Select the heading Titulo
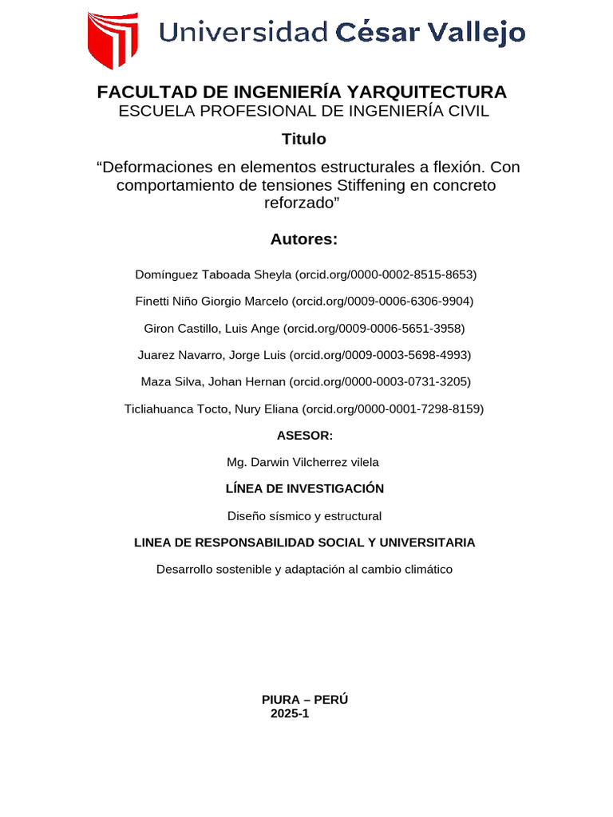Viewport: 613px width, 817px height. tap(304, 139)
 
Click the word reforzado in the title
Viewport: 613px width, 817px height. tap(300, 203)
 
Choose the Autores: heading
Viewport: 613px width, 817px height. tap(304, 239)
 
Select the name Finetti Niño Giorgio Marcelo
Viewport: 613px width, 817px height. tap(212, 302)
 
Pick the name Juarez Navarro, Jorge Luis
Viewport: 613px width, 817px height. tap(212, 355)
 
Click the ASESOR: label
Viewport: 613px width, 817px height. tap(304, 435)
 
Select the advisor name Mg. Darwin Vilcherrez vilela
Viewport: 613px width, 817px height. tap(303, 462)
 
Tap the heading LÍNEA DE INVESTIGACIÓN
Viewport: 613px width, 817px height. tap(304, 488)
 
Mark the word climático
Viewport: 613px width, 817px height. tap(425, 569)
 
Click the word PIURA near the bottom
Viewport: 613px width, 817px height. tap(283, 700)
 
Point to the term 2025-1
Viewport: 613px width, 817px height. tap(289, 714)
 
